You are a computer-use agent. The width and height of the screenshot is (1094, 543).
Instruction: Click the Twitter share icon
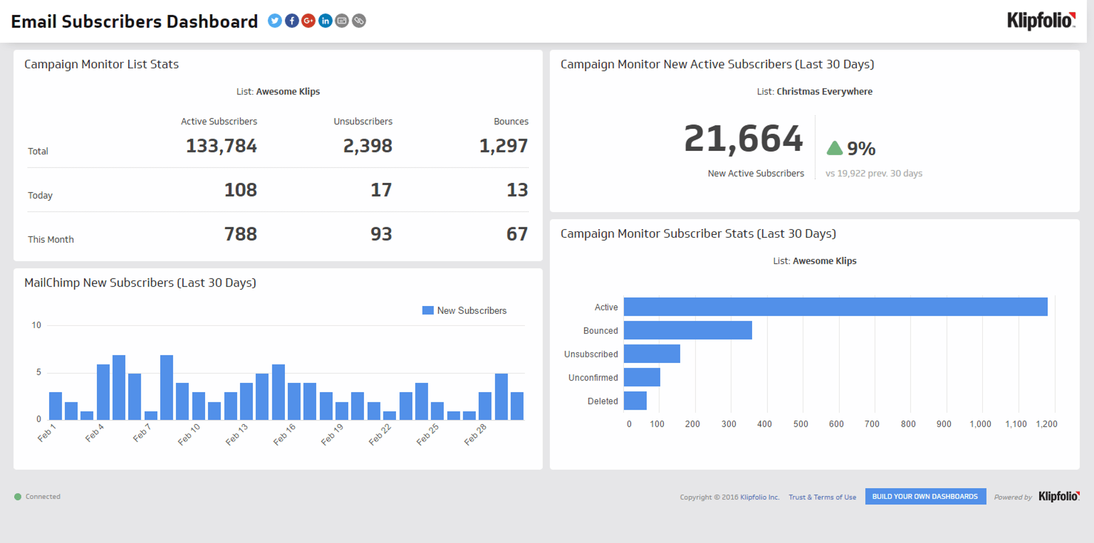pos(275,21)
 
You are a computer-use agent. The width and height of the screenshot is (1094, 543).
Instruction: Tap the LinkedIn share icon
pos(325,21)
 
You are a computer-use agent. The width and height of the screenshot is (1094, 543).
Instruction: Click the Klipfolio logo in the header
pos(1041,21)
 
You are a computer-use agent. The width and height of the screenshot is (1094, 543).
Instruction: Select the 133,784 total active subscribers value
pos(221,146)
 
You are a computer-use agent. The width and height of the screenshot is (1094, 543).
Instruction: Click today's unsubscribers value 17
pos(381,190)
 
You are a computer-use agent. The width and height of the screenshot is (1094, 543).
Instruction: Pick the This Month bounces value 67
pos(517,234)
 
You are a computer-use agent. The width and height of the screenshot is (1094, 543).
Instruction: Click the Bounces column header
pos(511,121)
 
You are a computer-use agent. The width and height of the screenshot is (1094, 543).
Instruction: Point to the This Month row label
pos(51,239)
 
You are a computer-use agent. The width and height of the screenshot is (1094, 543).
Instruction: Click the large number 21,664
pos(743,138)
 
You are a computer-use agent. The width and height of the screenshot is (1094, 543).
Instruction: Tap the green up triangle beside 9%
pos(834,149)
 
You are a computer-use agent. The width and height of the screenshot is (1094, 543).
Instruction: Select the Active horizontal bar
pos(835,307)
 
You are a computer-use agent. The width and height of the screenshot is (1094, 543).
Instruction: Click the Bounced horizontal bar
pos(687,330)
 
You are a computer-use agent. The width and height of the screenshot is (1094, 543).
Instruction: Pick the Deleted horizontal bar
pos(635,401)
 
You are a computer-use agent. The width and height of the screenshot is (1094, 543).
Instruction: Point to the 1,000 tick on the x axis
pos(980,424)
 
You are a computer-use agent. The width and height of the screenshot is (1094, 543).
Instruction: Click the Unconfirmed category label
pos(593,378)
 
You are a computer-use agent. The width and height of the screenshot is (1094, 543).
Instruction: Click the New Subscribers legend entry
pos(464,311)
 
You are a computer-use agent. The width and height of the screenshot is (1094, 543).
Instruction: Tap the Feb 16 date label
pos(284,435)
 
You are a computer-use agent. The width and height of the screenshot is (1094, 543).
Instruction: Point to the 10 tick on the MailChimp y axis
pos(36,325)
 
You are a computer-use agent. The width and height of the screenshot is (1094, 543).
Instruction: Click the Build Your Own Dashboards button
pos(925,496)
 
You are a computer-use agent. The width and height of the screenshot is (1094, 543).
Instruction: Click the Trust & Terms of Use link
pos(822,497)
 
